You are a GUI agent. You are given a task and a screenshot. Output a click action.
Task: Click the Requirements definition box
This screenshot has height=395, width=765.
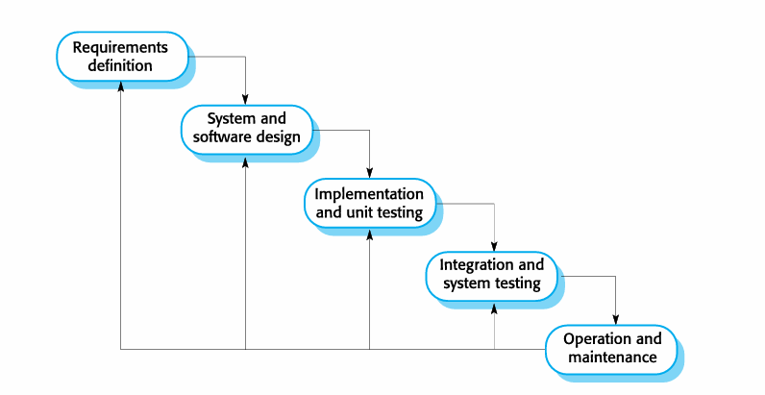pos(122,57)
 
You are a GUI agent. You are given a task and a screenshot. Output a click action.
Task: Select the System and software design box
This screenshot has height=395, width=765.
pos(246,130)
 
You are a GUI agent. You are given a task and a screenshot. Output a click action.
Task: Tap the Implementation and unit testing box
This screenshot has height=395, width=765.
pos(369,204)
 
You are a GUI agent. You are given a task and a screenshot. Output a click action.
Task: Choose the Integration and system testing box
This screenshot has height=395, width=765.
pos(492,277)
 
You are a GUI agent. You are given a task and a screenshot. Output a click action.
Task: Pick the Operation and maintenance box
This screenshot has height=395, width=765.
pos(611,350)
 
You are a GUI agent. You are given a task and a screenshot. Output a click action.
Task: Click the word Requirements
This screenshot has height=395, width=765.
pos(120,48)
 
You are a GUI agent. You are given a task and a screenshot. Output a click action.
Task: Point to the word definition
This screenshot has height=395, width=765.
pos(120,65)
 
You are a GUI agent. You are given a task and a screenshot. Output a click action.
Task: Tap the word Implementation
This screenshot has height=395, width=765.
pos(369,193)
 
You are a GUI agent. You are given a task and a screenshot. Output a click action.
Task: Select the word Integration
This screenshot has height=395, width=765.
pos(470,265)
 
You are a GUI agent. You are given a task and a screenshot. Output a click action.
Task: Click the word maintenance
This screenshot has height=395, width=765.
pos(612,357)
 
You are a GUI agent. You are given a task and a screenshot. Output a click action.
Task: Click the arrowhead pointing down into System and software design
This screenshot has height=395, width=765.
pos(245,100)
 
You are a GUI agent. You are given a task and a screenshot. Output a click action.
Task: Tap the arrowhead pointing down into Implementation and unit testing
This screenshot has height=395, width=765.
pos(369,173)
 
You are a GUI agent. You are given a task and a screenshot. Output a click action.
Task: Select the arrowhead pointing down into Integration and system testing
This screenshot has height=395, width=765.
pos(494,247)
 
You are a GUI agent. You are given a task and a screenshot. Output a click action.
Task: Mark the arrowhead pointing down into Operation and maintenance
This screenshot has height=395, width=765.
pos(616,320)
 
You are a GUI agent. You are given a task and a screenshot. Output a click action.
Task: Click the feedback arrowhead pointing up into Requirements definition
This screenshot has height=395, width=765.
pos(120,86)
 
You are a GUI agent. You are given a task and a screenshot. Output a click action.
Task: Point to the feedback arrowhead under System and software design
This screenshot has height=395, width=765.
pos(245,160)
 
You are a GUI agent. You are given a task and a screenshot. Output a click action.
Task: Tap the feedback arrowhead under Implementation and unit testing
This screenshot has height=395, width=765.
pos(369,234)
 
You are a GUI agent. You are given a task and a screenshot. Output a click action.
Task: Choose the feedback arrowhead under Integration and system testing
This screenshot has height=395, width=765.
pos(494,307)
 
